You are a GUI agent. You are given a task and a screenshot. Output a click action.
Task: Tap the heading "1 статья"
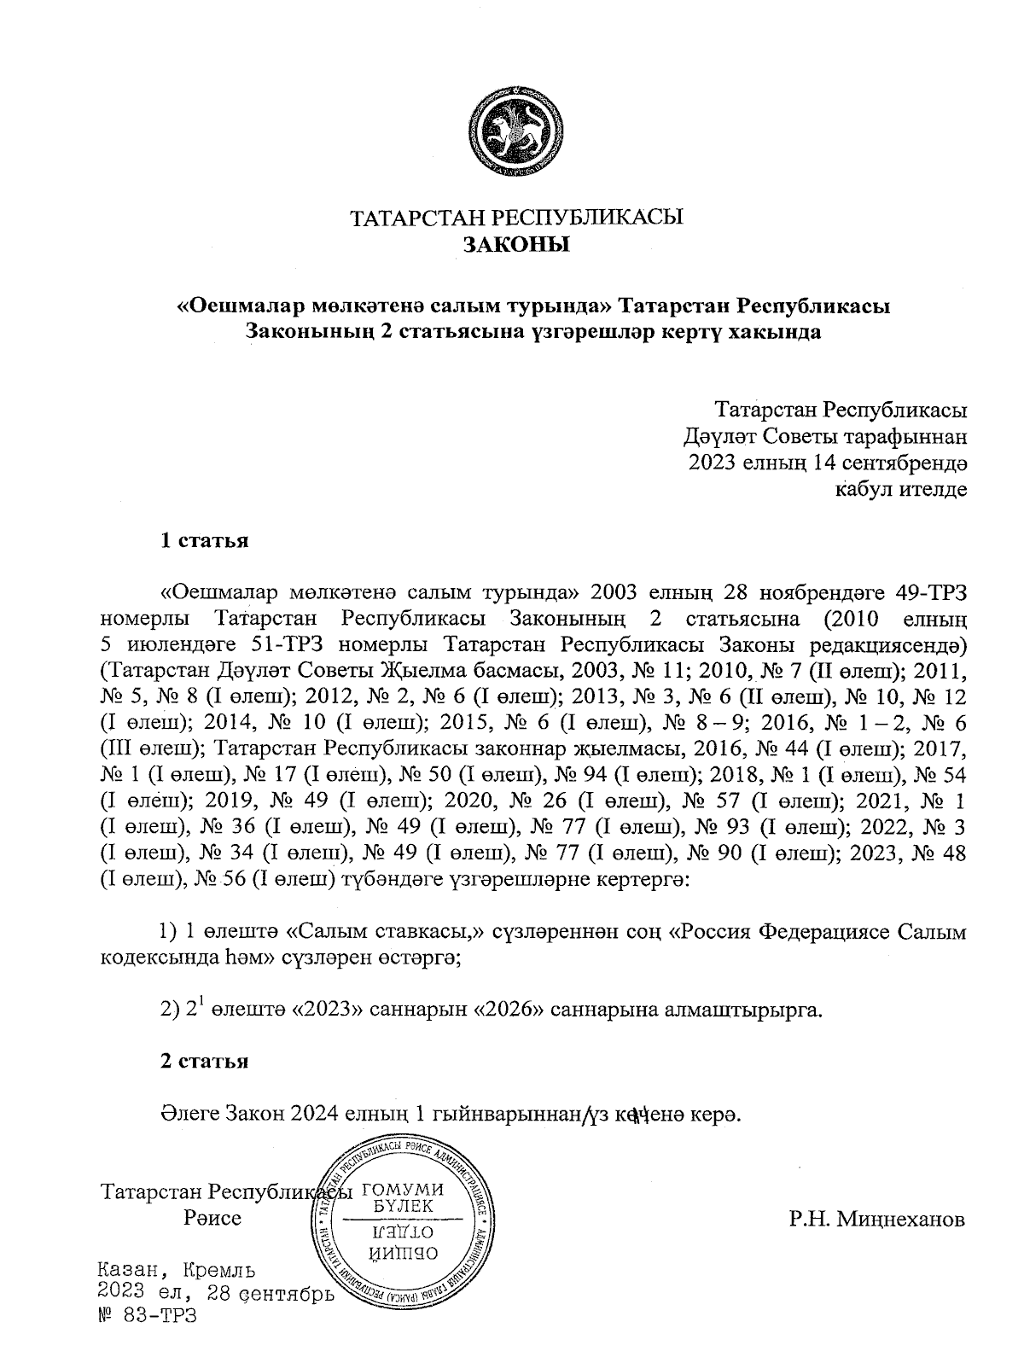pos(205,541)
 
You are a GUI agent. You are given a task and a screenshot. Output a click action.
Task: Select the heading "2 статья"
pos(205,1061)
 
